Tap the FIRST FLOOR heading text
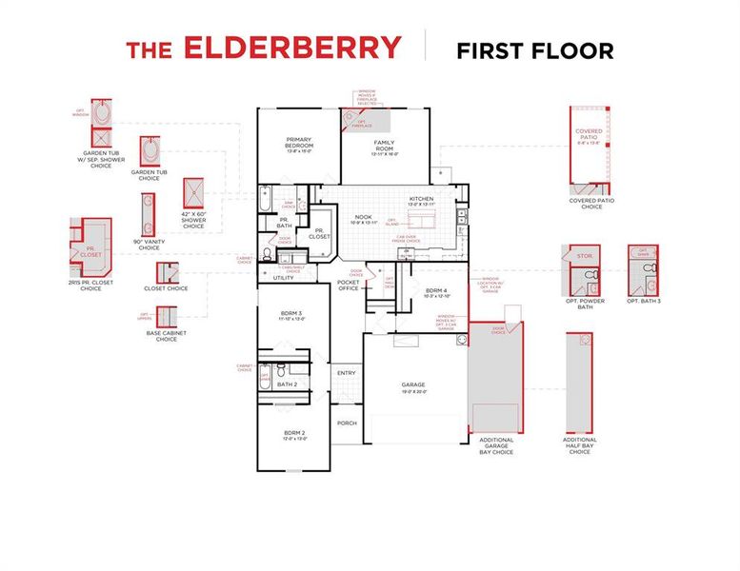534,49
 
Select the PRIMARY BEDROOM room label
300,144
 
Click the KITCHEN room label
421,201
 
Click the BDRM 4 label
436,291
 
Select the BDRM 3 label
291,315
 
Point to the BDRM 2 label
292,436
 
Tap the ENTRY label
346,373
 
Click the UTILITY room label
284,278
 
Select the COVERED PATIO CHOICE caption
591,204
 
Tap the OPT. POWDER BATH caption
585,304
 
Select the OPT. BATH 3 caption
644,301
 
